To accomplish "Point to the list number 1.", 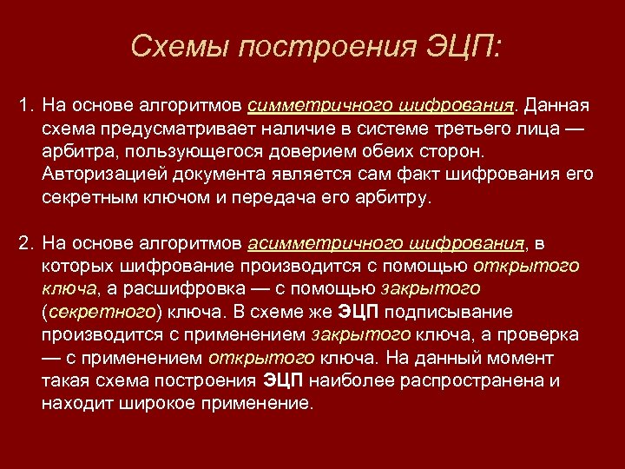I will [24, 106].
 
